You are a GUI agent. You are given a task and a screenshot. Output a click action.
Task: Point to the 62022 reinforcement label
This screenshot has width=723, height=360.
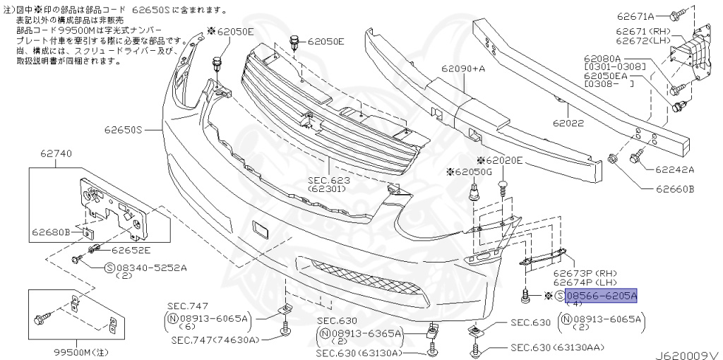click(569, 122)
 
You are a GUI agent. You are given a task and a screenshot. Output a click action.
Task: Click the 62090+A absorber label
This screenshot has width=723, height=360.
click(464, 69)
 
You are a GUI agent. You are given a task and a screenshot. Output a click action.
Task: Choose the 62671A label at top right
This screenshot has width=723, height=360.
click(635, 14)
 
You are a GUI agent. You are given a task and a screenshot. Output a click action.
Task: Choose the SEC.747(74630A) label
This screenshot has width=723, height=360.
click(215, 340)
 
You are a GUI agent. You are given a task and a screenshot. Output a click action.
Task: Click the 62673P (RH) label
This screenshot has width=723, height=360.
click(585, 272)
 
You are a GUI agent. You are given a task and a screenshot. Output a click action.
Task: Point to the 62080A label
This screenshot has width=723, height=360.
click(602, 58)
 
